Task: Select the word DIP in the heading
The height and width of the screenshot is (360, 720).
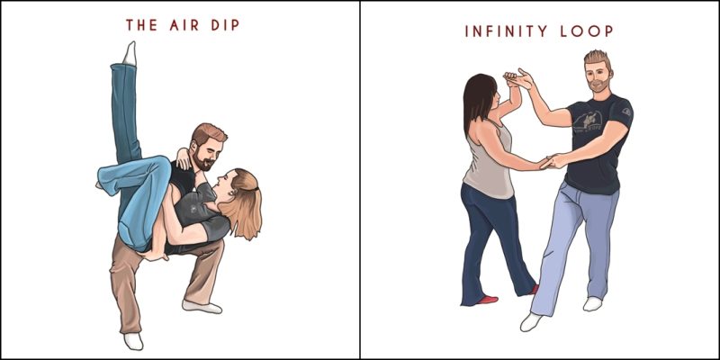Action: point(225,25)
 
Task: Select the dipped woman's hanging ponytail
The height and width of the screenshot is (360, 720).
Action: point(241,216)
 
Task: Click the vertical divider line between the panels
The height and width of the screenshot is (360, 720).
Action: point(360,180)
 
